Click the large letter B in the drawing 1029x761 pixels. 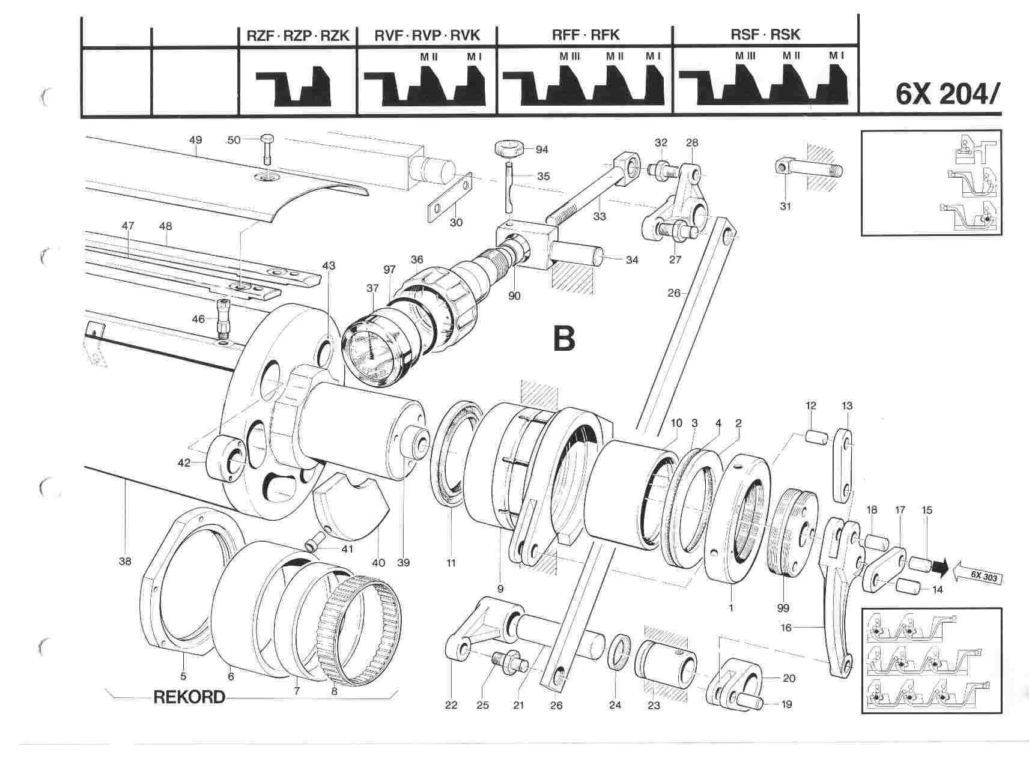[x=563, y=339]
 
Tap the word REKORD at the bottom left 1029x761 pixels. [x=189, y=697]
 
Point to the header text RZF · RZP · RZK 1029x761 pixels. [x=298, y=35]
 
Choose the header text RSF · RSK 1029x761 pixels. [x=765, y=35]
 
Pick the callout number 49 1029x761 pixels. [x=195, y=140]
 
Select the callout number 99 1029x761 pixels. [x=783, y=608]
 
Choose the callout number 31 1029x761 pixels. [x=785, y=206]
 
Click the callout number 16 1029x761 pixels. [x=803, y=628]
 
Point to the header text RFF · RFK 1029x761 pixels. [x=585, y=35]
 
